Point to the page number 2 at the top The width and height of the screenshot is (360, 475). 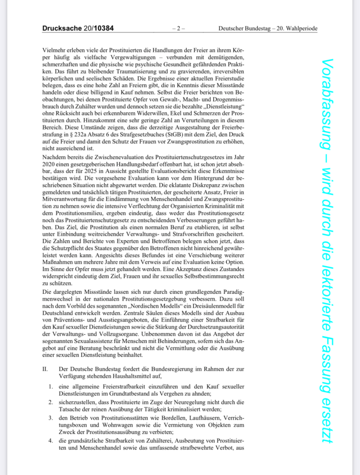click(178, 29)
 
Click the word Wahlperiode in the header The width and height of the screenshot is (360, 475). click(301, 29)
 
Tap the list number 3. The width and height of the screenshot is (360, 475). click(51, 418)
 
